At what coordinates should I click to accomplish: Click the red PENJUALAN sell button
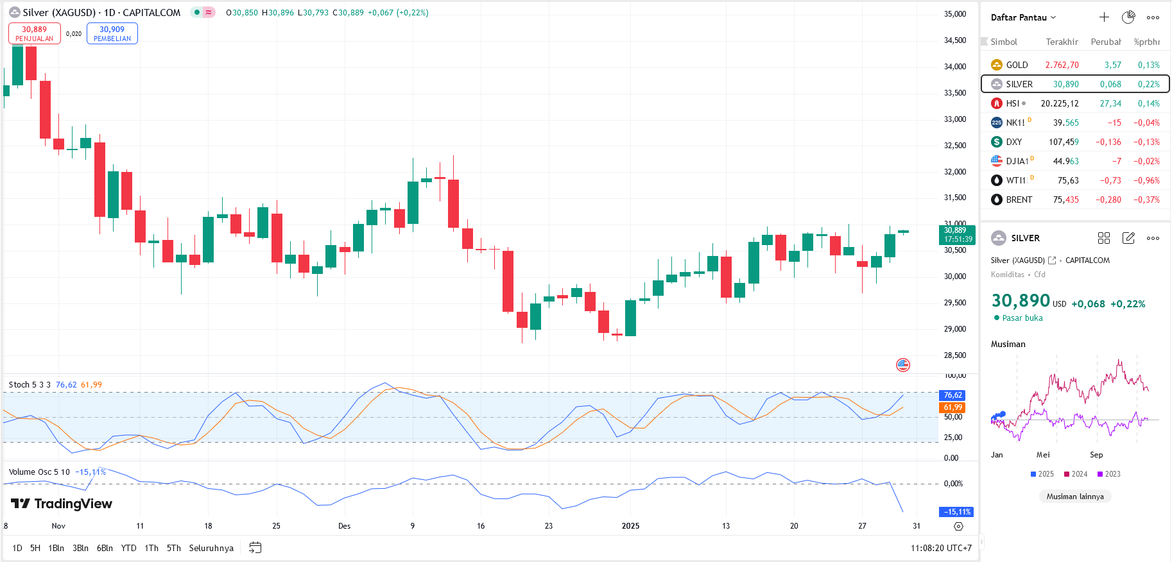[35, 33]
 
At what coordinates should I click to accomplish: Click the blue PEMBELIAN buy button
[112, 33]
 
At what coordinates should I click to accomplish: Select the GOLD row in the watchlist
[1075, 65]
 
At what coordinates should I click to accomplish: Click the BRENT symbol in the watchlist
[1019, 200]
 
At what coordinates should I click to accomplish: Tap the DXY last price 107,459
[1064, 142]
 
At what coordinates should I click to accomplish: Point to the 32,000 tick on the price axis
[954, 171]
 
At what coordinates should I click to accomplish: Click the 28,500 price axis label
[954, 355]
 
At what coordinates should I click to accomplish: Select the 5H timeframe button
[35, 548]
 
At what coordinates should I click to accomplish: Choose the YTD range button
[128, 548]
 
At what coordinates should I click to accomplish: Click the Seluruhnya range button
[211, 548]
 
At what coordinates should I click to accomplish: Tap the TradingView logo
[62, 504]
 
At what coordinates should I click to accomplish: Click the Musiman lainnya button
[1075, 496]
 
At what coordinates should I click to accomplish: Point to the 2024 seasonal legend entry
[1076, 474]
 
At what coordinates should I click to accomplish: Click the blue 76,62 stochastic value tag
[952, 395]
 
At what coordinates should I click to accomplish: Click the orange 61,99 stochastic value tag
[952, 407]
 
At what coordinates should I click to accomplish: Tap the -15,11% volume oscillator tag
[956, 512]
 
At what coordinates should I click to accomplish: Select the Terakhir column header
[1062, 42]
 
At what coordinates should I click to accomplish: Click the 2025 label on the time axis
[630, 526]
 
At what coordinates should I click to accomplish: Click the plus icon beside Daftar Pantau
[1104, 17]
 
